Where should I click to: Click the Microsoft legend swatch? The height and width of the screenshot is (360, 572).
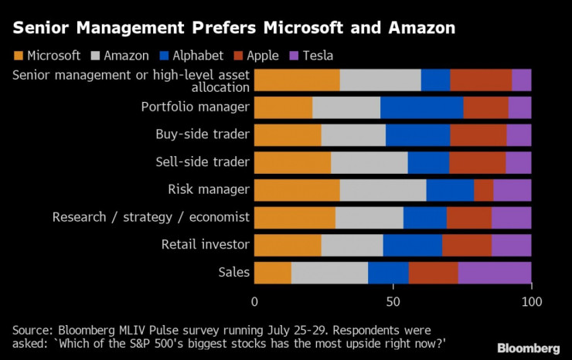[x=19, y=56]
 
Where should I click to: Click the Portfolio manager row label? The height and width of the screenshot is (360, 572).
[x=195, y=107]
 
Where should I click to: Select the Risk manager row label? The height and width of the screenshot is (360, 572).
[x=209, y=189]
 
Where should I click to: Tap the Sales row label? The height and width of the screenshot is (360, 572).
[x=234, y=272]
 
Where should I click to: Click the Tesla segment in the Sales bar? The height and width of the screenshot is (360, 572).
[x=495, y=273]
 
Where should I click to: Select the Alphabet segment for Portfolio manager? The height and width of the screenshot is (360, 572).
[x=422, y=107]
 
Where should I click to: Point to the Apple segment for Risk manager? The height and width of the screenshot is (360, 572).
[x=483, y=190]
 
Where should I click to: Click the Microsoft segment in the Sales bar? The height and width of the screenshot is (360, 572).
[x=273, y=273]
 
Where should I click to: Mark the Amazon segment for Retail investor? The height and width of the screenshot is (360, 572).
[x=352, y=245]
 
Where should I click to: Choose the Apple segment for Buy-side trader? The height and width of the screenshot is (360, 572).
[x=478, y=135]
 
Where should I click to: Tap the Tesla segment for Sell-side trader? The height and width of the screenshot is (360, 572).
[x=518, y=162]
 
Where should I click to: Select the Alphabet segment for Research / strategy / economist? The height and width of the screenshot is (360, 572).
[x=424, y=218]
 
